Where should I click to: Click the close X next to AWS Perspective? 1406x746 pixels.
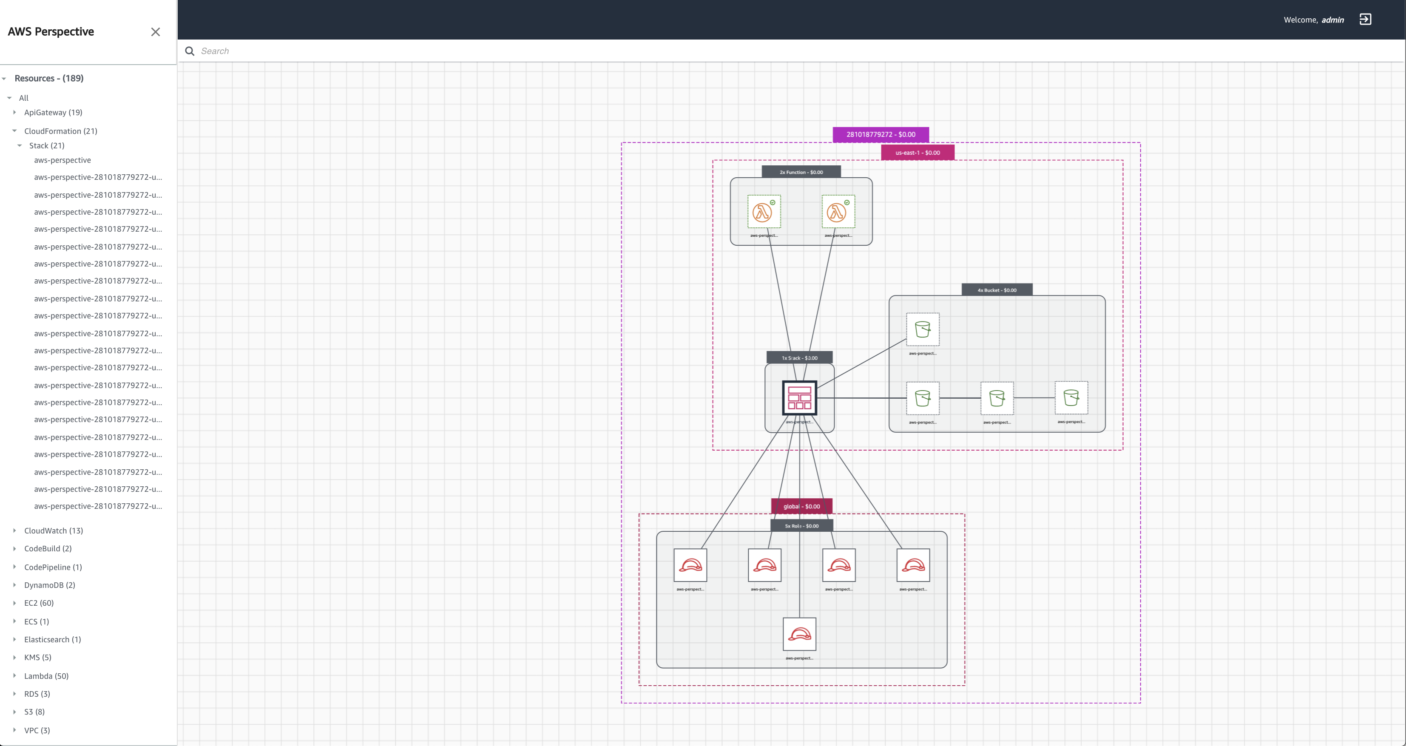coord(156,31)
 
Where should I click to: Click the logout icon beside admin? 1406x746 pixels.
coord(1365,20)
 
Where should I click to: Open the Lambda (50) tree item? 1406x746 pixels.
coord(46,675)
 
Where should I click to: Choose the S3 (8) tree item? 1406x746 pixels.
coord(34,712)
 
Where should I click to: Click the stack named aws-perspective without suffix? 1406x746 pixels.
coord(62,160)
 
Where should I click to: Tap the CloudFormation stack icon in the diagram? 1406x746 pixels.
coord(799,398)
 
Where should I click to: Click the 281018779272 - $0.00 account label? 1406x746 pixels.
coord(881,134)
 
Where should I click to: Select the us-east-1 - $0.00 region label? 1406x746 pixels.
coord(917,153)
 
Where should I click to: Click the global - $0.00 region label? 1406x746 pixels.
coord(801,506)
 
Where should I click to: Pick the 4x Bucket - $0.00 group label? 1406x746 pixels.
coord(997,290)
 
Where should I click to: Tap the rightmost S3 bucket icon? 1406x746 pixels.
coord(1071,398)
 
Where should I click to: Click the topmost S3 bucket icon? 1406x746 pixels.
coord(923,329)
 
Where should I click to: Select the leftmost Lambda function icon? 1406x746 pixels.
coord(764,212)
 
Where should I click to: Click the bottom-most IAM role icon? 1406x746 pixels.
coord(799,634)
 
